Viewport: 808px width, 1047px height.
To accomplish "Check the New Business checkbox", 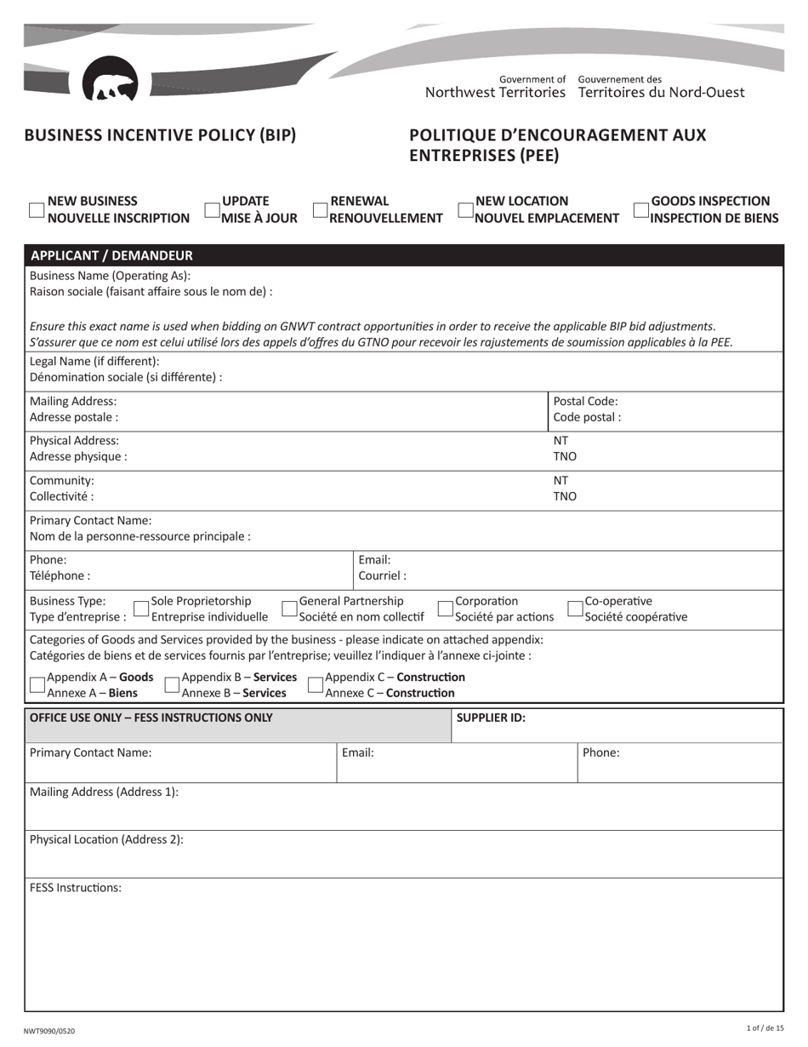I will [37, 210].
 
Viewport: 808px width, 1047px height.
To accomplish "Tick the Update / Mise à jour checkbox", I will [212, 210].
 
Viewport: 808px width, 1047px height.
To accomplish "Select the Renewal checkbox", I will [320, 210].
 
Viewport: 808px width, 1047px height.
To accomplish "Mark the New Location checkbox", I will [465, 210].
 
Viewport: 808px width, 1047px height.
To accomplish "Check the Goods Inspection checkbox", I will [641, 210].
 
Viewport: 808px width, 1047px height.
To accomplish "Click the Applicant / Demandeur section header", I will [111, 255].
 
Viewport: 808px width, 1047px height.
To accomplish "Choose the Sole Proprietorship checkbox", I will [141, 609].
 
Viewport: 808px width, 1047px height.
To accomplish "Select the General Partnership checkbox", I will [289, 609].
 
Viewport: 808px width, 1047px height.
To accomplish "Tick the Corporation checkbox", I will [446, 609].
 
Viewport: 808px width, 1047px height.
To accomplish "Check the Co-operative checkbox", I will [575, 609].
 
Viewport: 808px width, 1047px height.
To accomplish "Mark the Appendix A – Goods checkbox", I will [37, 685].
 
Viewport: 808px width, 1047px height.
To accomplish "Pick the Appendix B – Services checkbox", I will [172, 685].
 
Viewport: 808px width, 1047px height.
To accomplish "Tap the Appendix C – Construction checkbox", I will [315, 685].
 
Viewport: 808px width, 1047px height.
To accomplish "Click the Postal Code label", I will [586, 402].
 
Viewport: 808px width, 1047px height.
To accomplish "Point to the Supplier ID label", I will [491, 718].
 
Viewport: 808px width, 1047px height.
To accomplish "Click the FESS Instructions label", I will [76, 888].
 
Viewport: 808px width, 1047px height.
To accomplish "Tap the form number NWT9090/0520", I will [49, 1031].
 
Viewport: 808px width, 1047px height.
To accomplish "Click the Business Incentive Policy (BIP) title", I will [160, 135].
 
